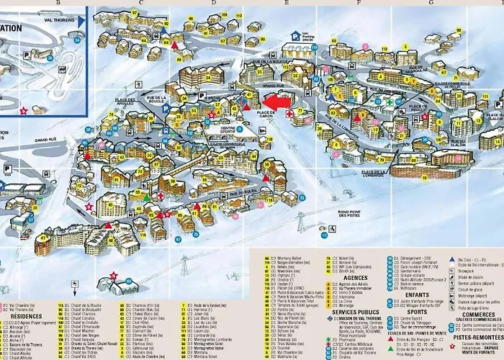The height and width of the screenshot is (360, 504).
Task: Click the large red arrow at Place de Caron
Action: point(276,102)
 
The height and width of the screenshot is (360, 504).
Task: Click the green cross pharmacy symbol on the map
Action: point(390,102)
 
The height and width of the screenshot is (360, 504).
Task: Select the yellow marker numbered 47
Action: point(45,235)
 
